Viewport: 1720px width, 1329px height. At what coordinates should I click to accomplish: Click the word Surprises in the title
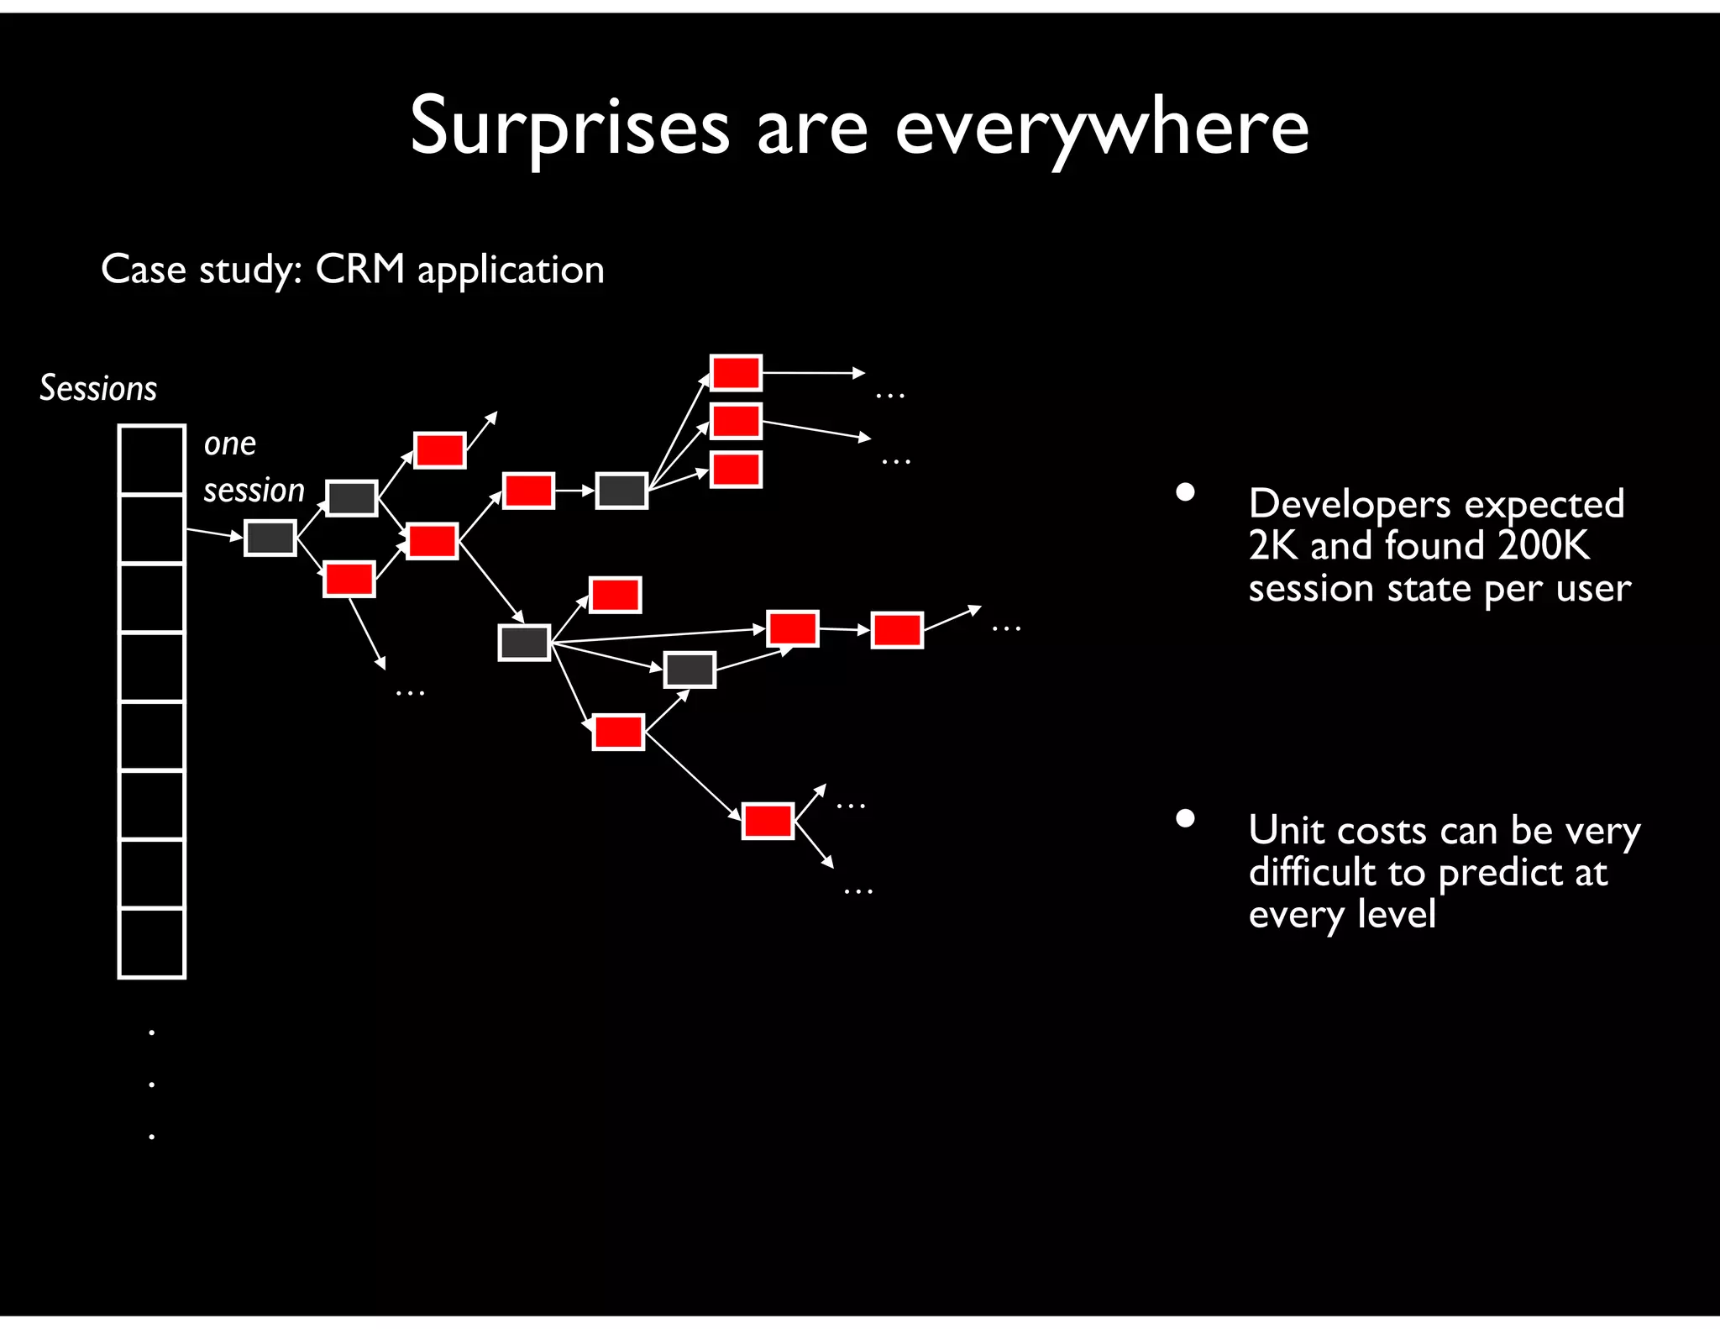pyautogui.click(x=569, y=126)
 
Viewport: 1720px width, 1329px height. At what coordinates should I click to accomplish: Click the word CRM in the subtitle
pyautogui.click(x=359, y=270)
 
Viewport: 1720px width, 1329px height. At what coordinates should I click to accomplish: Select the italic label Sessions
pyautogui.click(x=98, y=388)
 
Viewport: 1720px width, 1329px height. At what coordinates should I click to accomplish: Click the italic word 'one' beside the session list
pyautogui.click(x=229, y=444)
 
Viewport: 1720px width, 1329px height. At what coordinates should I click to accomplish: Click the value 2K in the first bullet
pyautogui.click(x=1272, y=545)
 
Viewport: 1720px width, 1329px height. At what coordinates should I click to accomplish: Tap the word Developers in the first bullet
pyautogui.click(x=1349, y=504)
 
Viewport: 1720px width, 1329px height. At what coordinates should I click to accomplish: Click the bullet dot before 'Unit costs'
pyautogui.click(x=1185, y=818)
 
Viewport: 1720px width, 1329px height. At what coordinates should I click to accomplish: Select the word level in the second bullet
pyautogui.click(x=1396, y=914)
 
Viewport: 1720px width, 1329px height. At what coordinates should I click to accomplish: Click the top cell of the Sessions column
pyautogui.click(x=152, y=460)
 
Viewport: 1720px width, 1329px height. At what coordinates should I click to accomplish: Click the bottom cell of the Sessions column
pyautogui.click(x=152, y=943)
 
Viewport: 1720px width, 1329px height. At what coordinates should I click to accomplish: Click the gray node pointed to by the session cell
pyautogui.click(x=270, y=538)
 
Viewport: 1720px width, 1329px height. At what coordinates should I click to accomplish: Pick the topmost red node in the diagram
pyautogui.click(x=736, y=373)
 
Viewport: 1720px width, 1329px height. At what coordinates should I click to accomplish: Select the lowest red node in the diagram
pyautogui.click(x=768, y=821)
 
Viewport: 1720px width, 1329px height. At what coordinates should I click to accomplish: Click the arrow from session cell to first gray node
pyautogui.click(x=213, y=533)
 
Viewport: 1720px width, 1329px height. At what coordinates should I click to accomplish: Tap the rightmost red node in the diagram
pyautogui.click(x=897, y=630)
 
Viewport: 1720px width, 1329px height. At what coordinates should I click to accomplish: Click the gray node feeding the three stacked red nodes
pyautogui.click(x=621, y=491)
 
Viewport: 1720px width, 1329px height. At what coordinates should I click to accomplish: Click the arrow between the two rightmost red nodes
pyautogui.click(x=845, y=629)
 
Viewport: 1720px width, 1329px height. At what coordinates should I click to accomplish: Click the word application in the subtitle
pyautogui.click(x=511, y=271)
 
